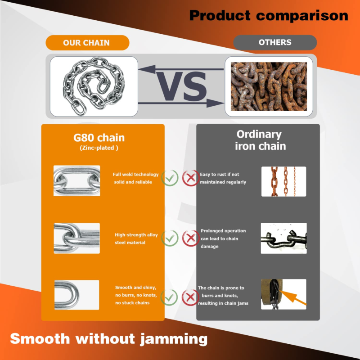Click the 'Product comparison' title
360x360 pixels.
[x=269, y=16]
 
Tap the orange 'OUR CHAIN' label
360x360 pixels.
[x=87, y=43]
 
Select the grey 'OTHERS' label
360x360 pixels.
[x=275, y=42]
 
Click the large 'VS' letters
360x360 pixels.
[x=182, y=86]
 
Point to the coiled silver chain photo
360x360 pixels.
[x=94, y=86]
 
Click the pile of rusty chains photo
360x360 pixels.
[x=269, y=86]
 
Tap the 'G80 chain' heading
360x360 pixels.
[x=99, y=138]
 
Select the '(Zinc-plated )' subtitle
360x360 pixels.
[x=99, y=148]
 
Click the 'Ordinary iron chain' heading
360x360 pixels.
[x=260, y=140]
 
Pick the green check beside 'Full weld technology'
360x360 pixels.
[x=170, y=178]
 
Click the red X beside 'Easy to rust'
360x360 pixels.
[x=190, y=178]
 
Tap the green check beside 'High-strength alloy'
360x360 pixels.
[x=170, y=238]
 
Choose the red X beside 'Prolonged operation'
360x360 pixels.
[x=190, y=238]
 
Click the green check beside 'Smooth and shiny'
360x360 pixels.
[x=169, y=297]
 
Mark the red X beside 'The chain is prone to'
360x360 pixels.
[x=190, y=297]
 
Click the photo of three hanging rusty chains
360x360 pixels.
[x=284, y=182]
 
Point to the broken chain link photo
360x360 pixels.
[x=284, y=238]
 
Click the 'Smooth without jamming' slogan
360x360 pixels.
[x=109, y=339]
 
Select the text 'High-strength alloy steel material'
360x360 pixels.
[x=136, y=238]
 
